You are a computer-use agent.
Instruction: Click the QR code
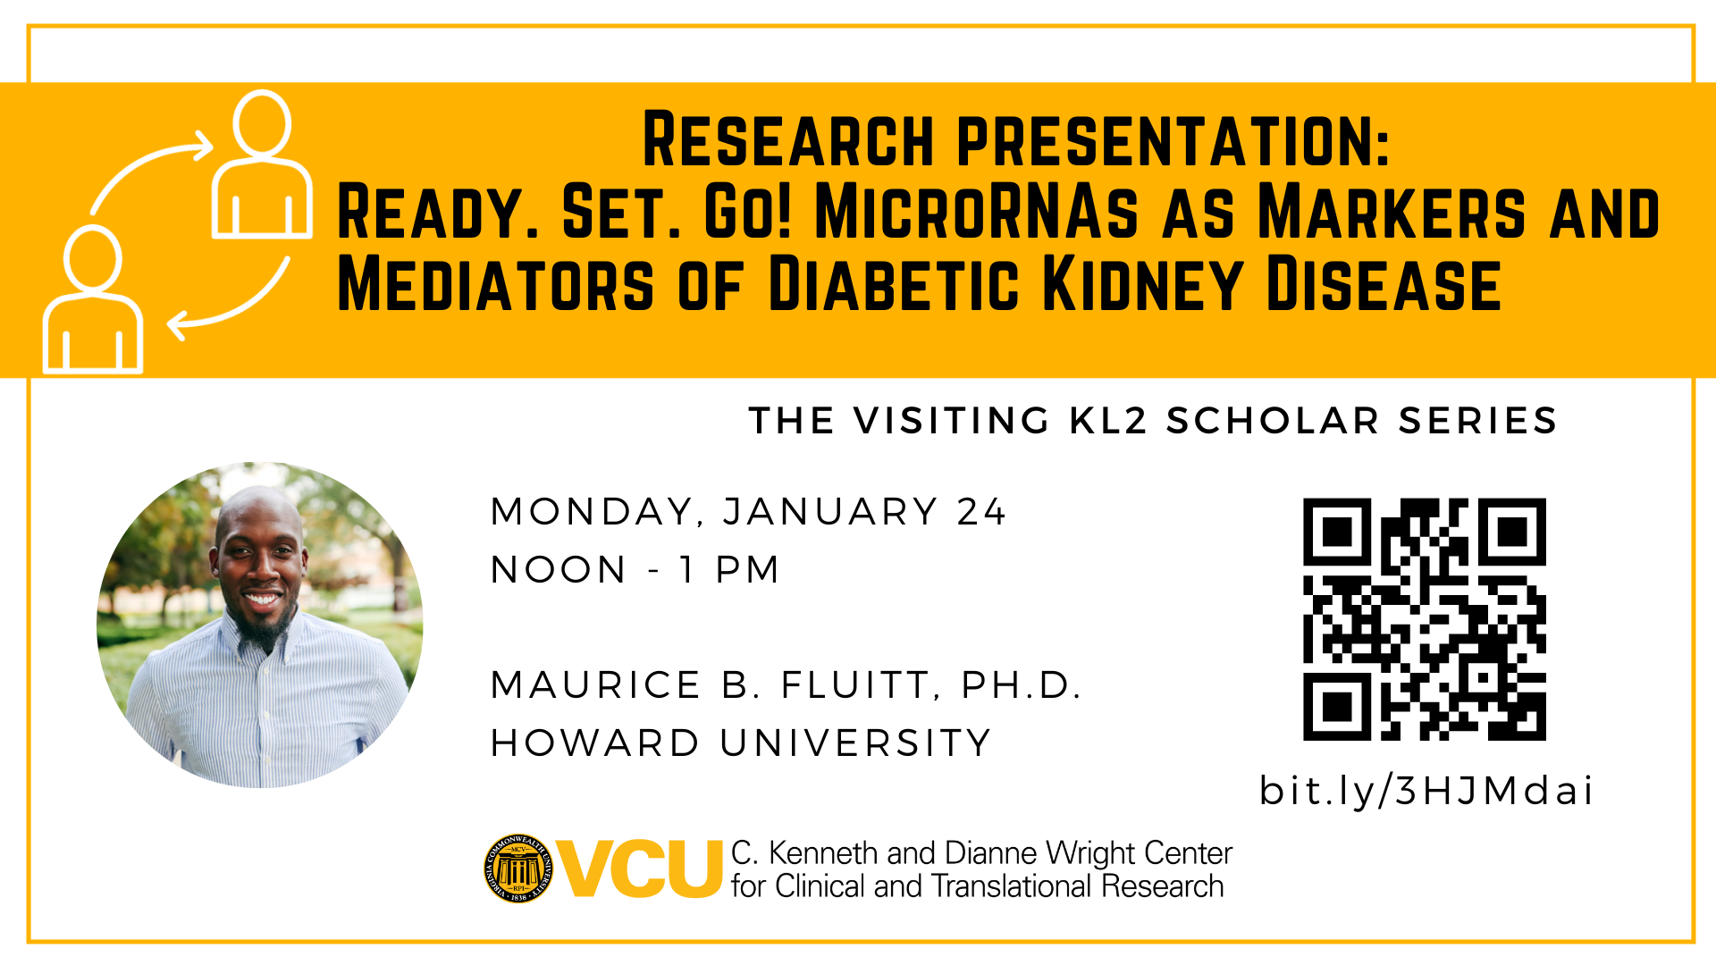pyautogui.click(x=1425, y=619)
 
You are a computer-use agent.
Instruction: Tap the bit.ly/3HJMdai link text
pyautogui.click(x=1426, y=791)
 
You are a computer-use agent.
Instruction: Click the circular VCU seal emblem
pyautogui.click(x=518, y=868)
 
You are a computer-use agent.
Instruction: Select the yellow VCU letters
pyautogui.click(x=639, y=868)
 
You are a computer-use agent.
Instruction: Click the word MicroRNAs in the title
pyautogui.click(x=977, y=213)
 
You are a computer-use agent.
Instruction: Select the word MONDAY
pyautogui.click(x=593, y=513)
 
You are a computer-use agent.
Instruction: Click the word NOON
pyautogui.click(x=559, y=570)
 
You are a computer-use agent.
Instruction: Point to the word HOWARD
pyautogui.click(x=595, y=743)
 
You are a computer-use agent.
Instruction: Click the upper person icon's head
pyautogui.click(x=262, y=124)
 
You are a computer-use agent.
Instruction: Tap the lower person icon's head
pyautogui.click(x=93, y=258)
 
